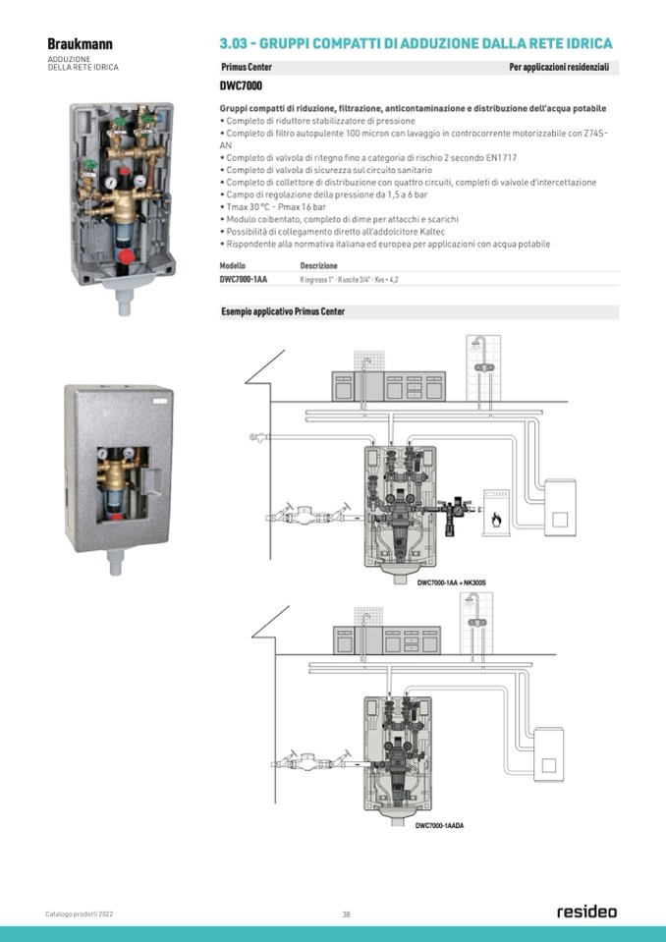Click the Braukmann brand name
point(80,44)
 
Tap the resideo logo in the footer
point(587,912)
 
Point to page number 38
point(346,914)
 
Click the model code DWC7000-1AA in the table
point(244,280)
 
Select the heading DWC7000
point(241,85)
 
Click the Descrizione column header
point(318,266)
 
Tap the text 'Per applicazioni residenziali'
point(559,67)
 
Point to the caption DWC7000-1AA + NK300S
point(451,583)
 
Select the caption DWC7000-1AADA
point(439,826)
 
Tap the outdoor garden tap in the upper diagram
point(258,435)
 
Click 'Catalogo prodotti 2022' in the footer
point(80,914)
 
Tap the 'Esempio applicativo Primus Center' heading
point(283,312)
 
